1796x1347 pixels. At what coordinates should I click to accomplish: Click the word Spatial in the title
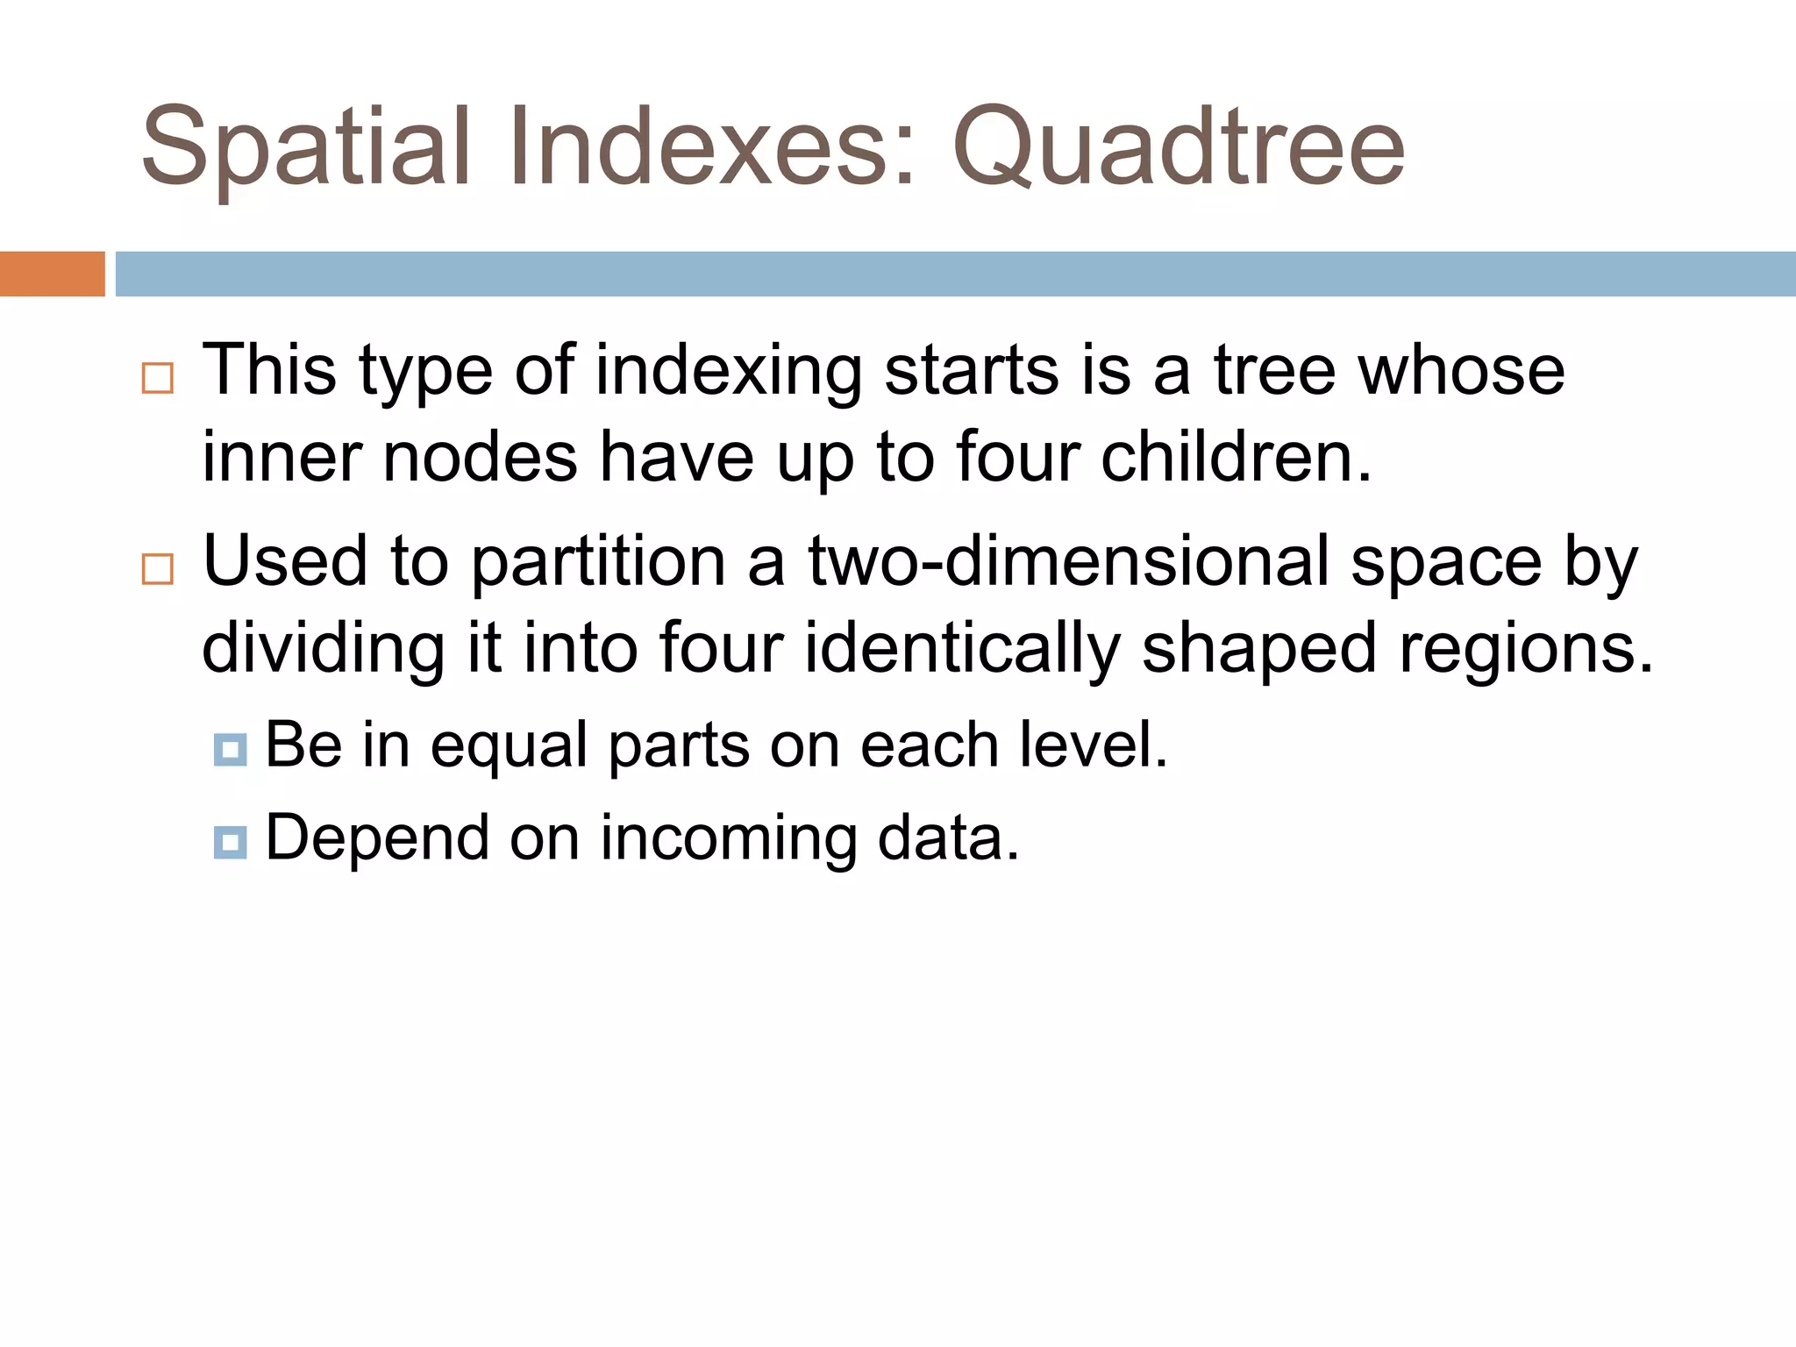(306, 147)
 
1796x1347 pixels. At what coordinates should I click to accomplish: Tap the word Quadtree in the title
(1179, 147)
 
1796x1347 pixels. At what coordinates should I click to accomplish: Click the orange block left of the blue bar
(52, 274)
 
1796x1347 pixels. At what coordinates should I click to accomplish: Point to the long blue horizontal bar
(955, 274)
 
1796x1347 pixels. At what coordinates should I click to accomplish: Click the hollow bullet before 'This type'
(158, 378)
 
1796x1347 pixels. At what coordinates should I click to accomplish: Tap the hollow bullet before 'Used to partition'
(158, 569)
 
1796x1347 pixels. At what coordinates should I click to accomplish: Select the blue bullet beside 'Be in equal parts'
(230, 750)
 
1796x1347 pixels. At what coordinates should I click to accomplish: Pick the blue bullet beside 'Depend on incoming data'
(230, 842)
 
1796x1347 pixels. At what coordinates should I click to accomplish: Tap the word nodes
(481, 459)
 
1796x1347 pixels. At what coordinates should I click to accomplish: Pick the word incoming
(728, 840)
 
